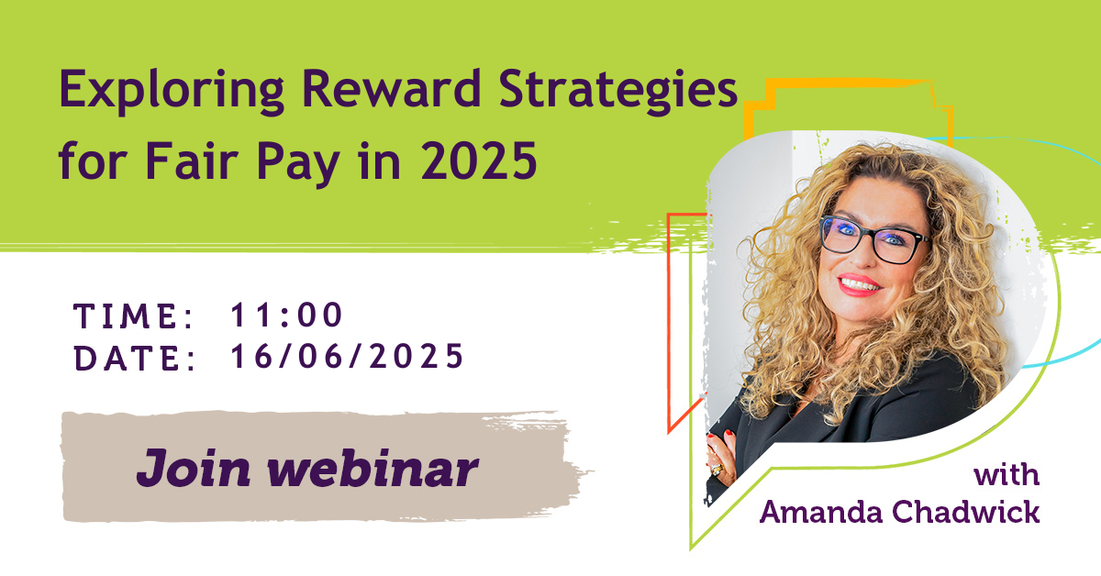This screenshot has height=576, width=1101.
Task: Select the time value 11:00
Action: click(287, 316)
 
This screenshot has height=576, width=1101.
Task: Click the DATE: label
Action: click(134, 359)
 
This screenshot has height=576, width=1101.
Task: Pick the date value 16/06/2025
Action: click(347, 357)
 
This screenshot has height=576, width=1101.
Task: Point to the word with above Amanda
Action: click(1006, 476)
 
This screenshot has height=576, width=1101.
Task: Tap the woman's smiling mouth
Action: click(859, 285)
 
